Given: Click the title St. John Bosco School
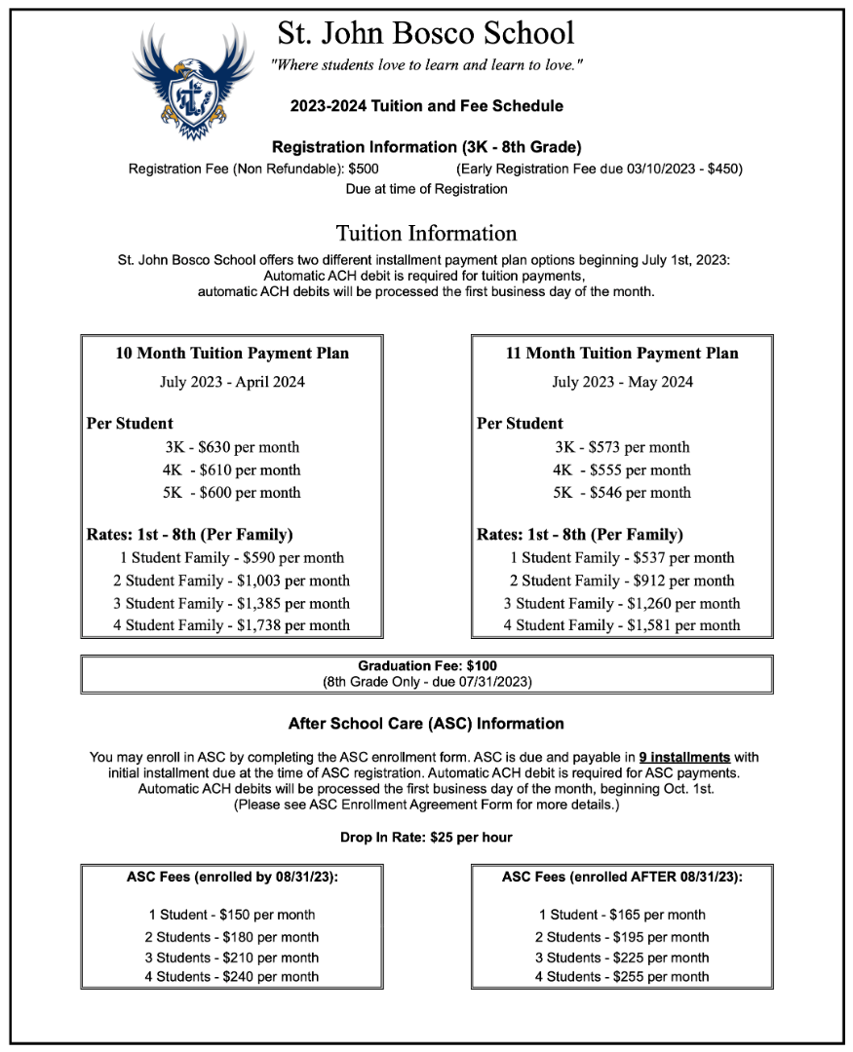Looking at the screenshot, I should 426,33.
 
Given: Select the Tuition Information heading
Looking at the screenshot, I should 426,234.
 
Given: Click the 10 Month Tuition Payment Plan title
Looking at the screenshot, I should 232,354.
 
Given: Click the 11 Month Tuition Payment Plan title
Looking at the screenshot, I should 622,354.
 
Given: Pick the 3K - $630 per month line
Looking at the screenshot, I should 232,447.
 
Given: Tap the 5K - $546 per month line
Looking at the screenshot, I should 622,492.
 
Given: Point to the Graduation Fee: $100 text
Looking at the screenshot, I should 427,666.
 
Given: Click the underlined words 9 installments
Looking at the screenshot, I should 684,757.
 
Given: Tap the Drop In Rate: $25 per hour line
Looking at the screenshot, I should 426,838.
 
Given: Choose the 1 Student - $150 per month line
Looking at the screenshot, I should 232,915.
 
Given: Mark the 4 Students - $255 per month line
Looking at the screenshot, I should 622,976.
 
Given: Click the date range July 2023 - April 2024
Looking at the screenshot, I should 232,382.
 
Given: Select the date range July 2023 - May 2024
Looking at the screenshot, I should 622,382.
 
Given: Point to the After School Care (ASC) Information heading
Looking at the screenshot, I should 426,724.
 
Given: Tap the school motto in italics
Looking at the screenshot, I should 427,65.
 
